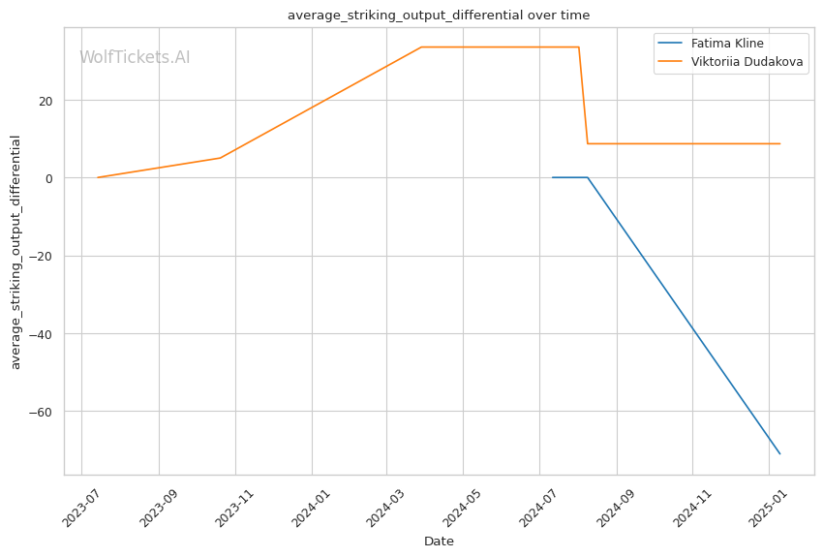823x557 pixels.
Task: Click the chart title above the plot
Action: (x=439, y=15)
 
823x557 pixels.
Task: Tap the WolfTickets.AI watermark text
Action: (x=135, y=57)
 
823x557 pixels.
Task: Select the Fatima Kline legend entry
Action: (x=723, y=44)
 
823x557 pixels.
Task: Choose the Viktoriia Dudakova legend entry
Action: (x=747, y=62)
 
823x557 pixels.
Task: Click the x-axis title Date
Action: (x=439, y=542)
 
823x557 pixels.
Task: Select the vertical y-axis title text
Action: (x=16, y=252)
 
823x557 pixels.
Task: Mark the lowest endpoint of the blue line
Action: (x=780, y=453)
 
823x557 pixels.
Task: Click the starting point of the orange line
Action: (x=98, y=177)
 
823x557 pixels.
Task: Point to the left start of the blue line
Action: (x=553, y=177)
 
